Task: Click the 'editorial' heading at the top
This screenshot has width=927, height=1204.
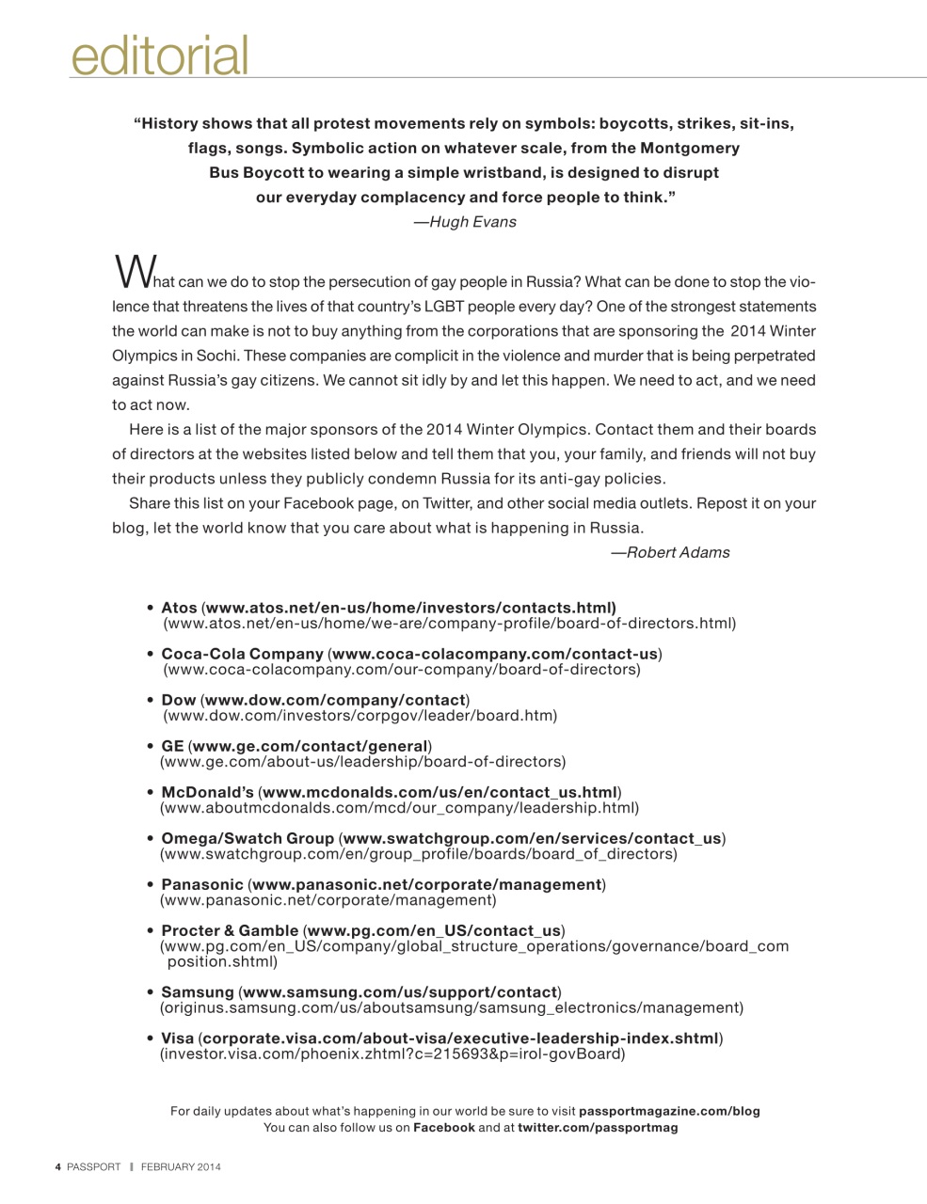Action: pyautogui.click(x=159, y=55)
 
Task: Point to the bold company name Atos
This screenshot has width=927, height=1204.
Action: pyautogui.click(x=179, y=608)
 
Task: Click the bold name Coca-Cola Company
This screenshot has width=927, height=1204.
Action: pyautogui.click(x=242, y=654)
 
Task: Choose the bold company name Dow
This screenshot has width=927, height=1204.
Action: pyautogui.click(x=179, y=700)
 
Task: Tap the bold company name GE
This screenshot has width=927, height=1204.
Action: pyautogui.click(x=172, y=746)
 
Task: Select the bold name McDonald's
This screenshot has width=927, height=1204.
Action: pyautogui.click(x=207, y=792)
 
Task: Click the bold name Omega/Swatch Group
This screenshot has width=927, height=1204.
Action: pyautogui.click(x=248, y=838)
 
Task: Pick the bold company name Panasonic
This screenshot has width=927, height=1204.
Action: pyautogui.click(x=201, y=884)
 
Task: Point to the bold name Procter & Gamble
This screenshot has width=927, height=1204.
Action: pyautogui.click(x=230, y=930)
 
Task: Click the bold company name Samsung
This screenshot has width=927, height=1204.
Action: pyautogui.click(x=198, y=991)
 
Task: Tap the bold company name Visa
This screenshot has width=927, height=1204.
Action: pyautogui.click(x=177, y=1038)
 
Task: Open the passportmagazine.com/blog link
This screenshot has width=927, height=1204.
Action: pyautogui.click(x=669, y=1111)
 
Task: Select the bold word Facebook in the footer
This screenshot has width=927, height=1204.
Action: pyautogui.click(x=444, y=1127)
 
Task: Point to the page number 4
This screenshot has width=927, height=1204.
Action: pyautogui.click(x=57, y=1167)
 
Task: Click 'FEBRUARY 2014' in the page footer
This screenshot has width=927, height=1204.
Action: pyautogui.click(x=181, y=1167)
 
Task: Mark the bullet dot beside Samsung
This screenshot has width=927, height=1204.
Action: pyautogui.click(x=151, y=992)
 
